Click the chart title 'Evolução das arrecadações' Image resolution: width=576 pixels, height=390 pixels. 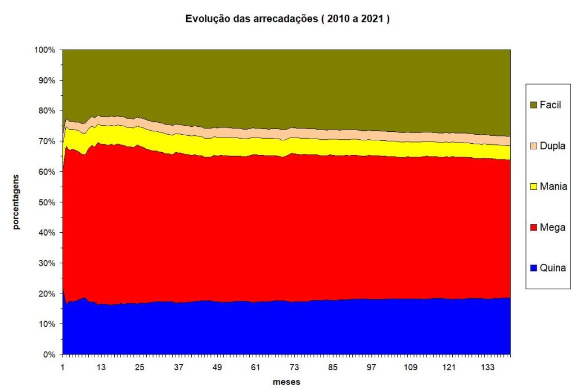pyautogui.click(x=287, y=19)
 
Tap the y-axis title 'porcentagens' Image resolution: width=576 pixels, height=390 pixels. pyautogui.click(x=16, y=202)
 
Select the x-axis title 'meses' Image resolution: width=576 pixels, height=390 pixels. pyautogui.click(x=286, y=382)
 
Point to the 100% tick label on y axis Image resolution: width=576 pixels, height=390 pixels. pyautogui.click(x=44, y=50)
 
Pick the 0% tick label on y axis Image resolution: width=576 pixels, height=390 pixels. pyautogui.click(x=49, y=354)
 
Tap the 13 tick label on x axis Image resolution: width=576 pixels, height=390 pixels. pyautogui.click(x=101, y=367)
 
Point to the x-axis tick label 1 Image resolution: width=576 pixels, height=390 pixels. pyautogui.click(x=63, y=367)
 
